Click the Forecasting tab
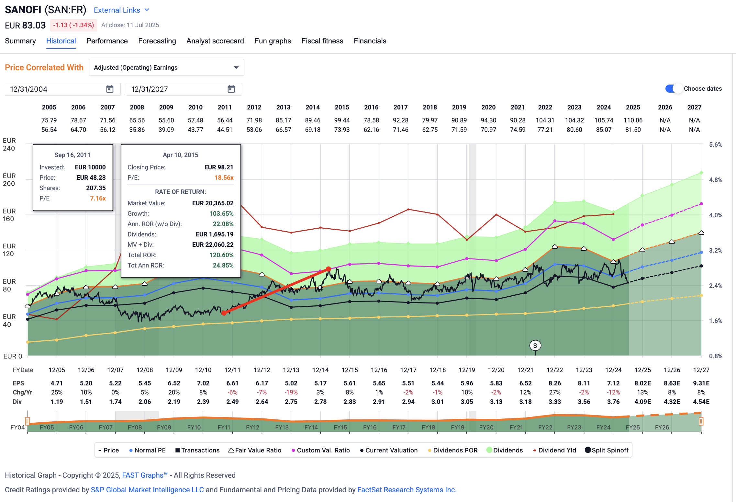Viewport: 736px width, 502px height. tap(157, 41)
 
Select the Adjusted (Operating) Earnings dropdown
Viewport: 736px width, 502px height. tap(166, 67)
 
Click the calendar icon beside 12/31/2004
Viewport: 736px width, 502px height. tap(110, 89)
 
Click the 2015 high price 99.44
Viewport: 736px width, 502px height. tap(342, 120)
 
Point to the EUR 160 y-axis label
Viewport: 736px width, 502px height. tap(9, 215)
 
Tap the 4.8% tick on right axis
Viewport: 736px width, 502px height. tap(715, 180)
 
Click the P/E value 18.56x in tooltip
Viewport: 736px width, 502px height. tap(224, 177)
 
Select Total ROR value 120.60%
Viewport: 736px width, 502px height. tap(221, 255)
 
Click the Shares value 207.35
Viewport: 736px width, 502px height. tap(96, 188)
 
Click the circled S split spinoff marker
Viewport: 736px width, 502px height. tap(535, 346)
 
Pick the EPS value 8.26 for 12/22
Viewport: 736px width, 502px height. tap(554, 383)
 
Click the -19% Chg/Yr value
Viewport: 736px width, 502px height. tap(291, 392)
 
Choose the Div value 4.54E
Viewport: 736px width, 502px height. tap(701, 402)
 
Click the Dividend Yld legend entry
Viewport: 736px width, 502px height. tap(554, 450)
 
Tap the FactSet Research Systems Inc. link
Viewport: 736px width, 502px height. tap(407, 490)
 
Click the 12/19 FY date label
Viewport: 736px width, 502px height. tap(466, 370)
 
